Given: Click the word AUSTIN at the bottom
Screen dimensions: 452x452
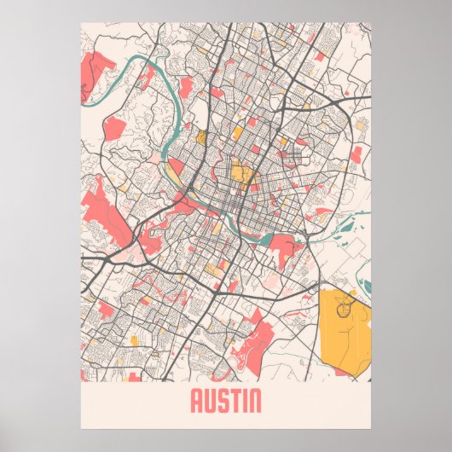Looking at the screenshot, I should pyautogui.click(x=226, y=400).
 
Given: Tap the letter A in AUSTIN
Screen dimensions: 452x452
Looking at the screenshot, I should pyautogui.click(x=196, y=400).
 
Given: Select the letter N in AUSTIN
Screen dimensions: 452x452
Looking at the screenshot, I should pyautogui.click(x=254, y=400).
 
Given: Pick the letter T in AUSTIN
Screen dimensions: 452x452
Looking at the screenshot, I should pyautogui.click(x=233, y=400).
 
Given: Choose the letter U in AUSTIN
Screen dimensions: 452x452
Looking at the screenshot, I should pyautogui.click(x=209, y=400).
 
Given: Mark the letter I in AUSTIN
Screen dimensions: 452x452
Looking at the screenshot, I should pyautogui.click(x=242, y=400).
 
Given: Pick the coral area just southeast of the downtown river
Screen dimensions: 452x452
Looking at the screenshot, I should pyautogui.click(x=286, y=247).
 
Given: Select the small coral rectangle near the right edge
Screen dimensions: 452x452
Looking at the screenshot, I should pyautogui.click(x=356, y=154).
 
